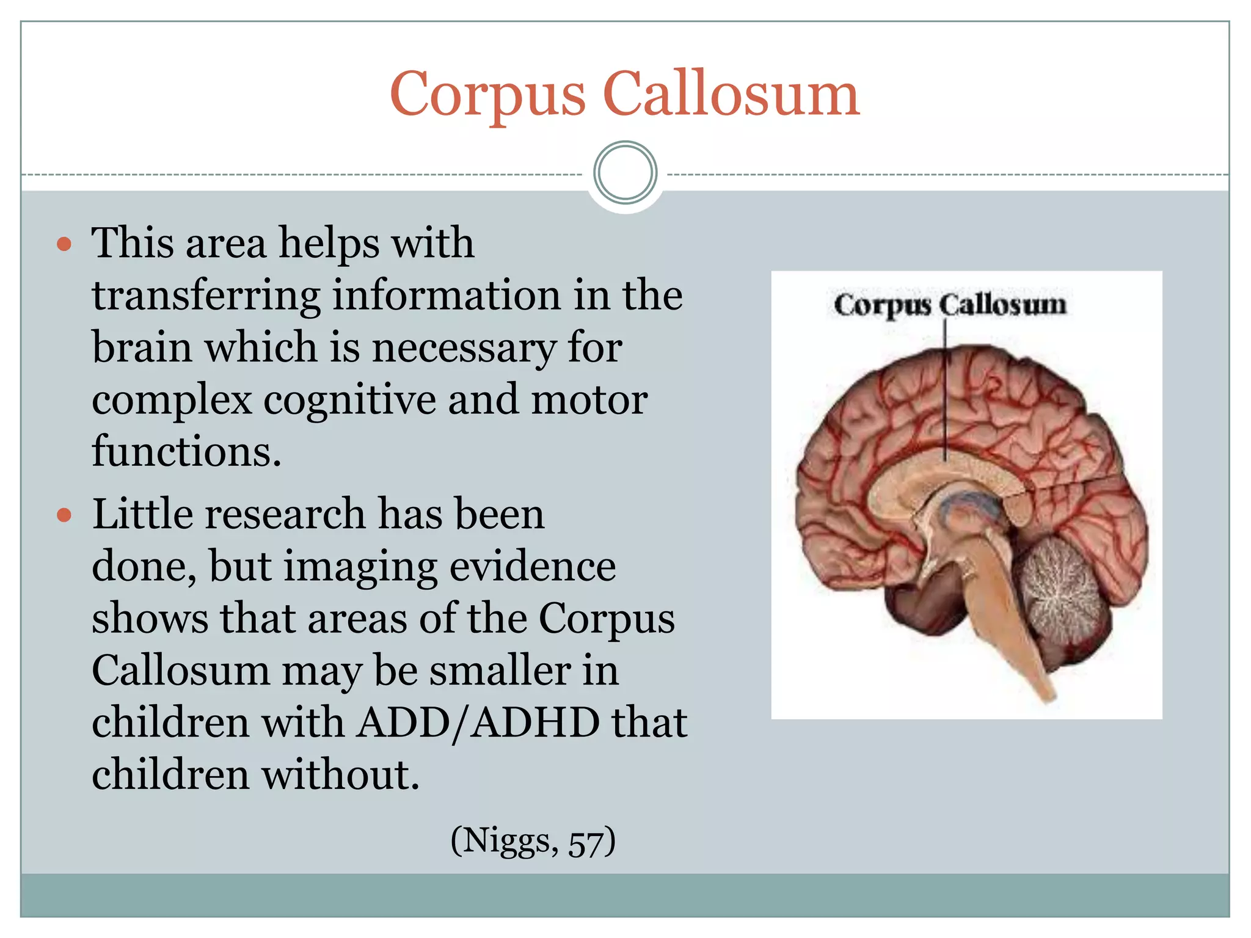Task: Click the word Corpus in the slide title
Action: pyautogui.click(x=487, y=95)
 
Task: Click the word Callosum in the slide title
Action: pyautogui.click(x=731, y=95)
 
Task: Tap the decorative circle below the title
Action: pyautogui.click(x=625, y=173)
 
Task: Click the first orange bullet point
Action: pyautogui.click(x=64, y=245)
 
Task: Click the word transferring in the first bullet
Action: pyautogui.click(x=206, y=296)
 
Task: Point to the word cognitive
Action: pyautogui.click(x=349, y=401)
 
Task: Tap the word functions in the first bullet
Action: pyautogui.click(x=186, y=452)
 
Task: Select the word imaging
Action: pyautogui.click(x=360, y=567)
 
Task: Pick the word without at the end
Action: pyautogui.click(x=340, y=775)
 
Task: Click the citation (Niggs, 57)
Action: pyautogui.click(x=533, y=842)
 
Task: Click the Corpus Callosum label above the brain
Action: pyautogui.click(x=950, y=305)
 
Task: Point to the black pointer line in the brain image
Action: pyautogui.click(x=946, y=391)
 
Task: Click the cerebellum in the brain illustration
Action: pyautogui.click(x=1060, y=595)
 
